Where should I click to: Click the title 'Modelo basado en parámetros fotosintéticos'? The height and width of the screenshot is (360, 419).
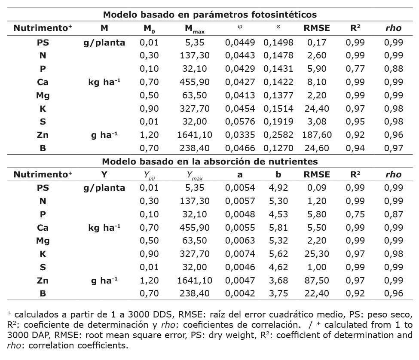(210, 15)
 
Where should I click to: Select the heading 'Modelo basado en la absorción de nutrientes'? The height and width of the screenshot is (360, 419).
(210, 162)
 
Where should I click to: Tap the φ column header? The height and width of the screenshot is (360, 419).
(240, 28)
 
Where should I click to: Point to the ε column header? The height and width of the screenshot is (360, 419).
(278, 28)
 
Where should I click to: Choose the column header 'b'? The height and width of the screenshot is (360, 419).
(278, 174)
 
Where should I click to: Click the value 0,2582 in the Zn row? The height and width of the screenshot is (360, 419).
(278, 135)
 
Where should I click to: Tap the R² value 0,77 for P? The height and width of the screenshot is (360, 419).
(355, 68)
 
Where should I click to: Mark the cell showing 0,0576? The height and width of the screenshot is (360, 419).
(240, 122)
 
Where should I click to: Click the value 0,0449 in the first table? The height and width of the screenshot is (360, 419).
(240, 42)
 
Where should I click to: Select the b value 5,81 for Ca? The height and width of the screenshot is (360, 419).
(278, 228)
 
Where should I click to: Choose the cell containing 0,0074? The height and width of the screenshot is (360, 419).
(240, 254)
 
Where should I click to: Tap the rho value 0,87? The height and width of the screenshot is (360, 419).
(394, 214)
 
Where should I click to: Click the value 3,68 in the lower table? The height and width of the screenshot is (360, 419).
(278, 281)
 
